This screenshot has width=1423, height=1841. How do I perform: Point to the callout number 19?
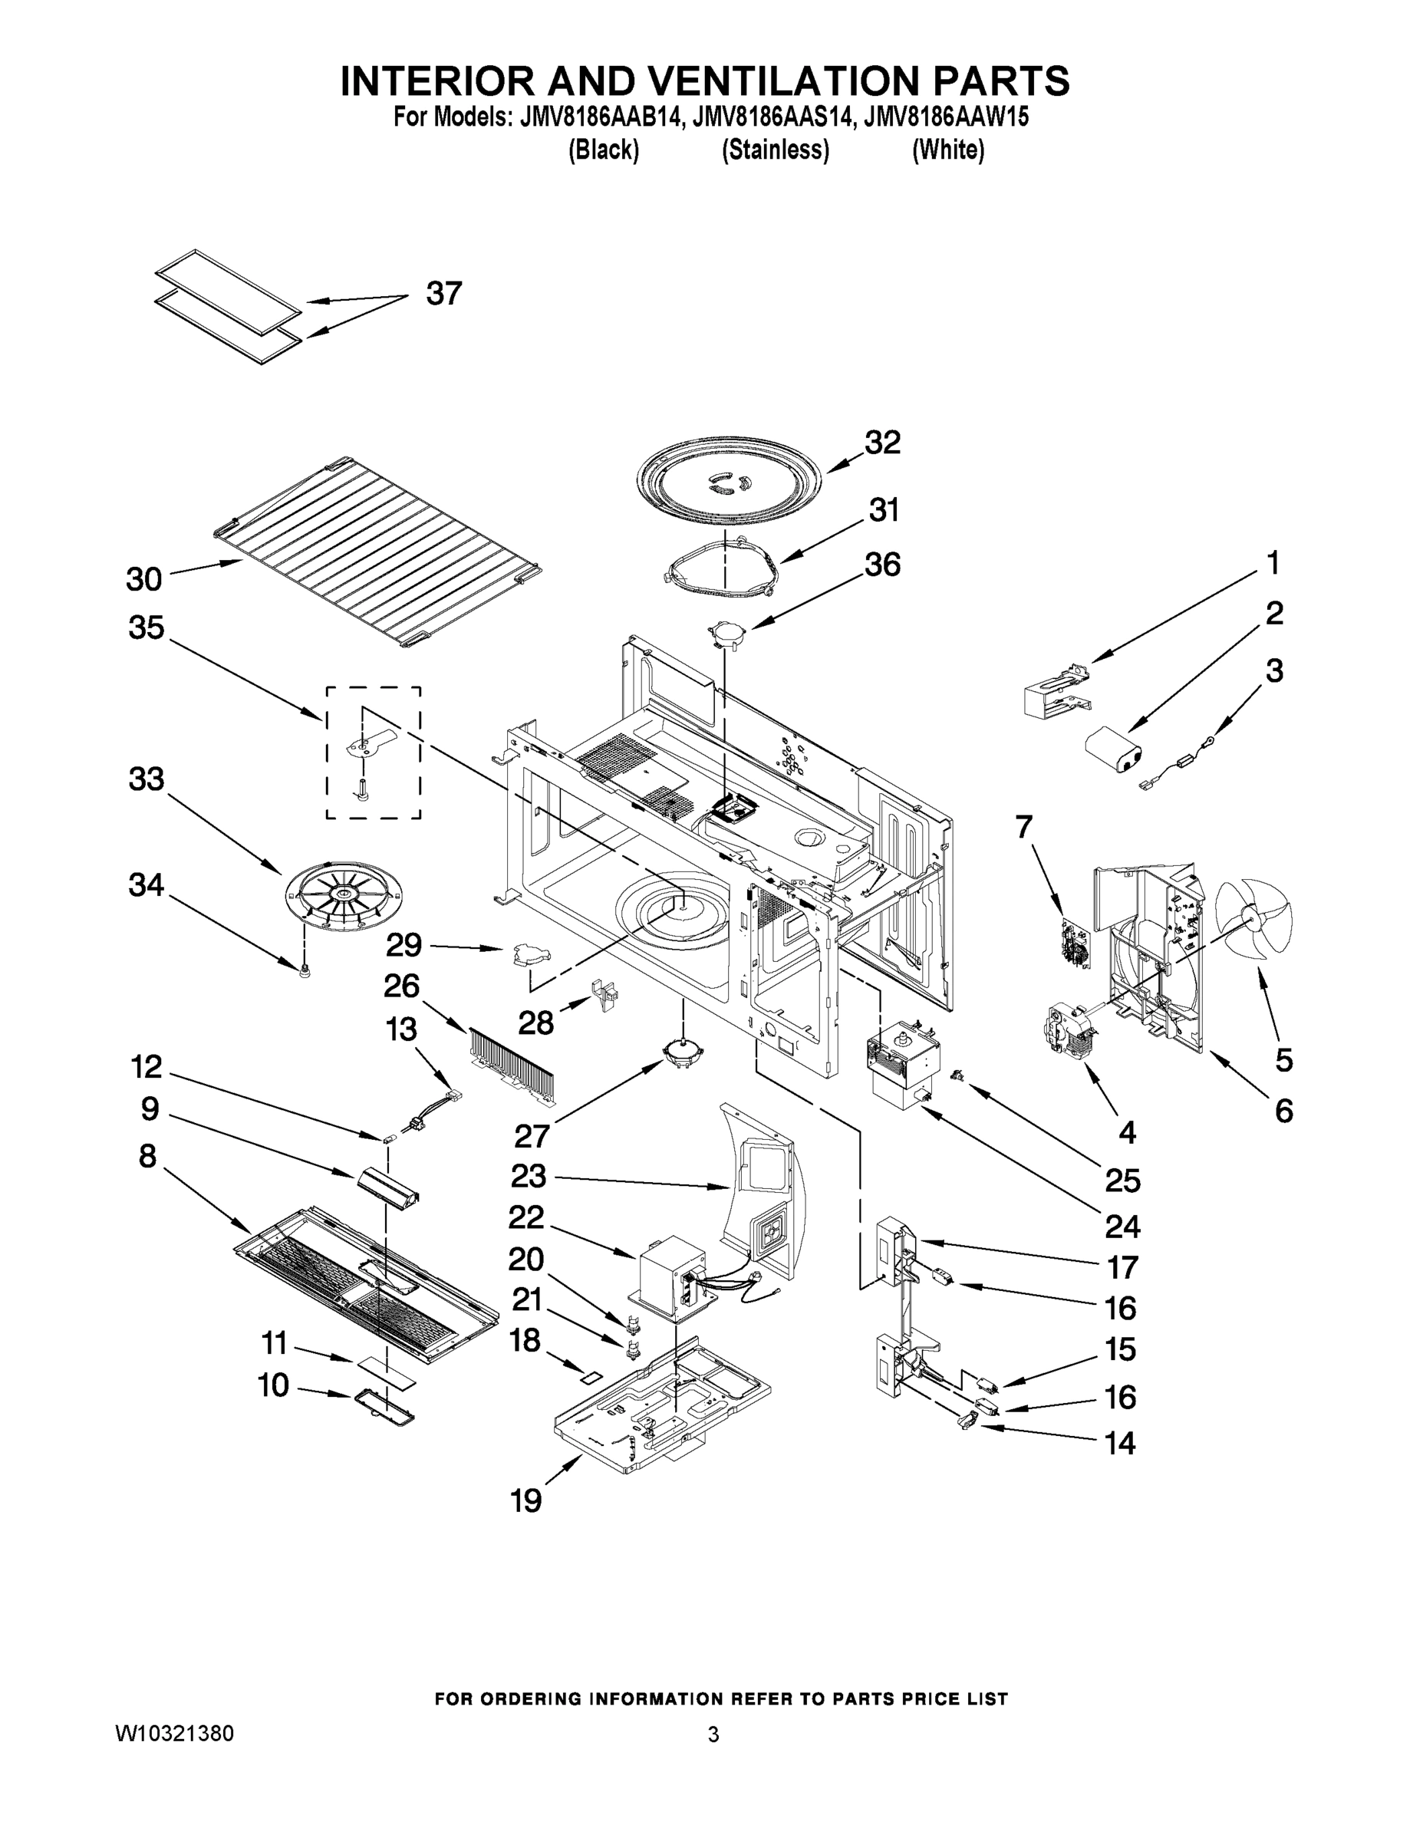click(x=526, y=1500)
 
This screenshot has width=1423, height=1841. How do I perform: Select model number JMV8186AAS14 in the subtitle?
click(x=766, y=117)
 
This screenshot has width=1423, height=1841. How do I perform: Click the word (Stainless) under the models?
click(x=776, y=150)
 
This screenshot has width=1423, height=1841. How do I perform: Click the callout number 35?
click(x=146, y=628)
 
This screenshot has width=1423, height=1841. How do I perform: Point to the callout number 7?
click(x=1023, y=828)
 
